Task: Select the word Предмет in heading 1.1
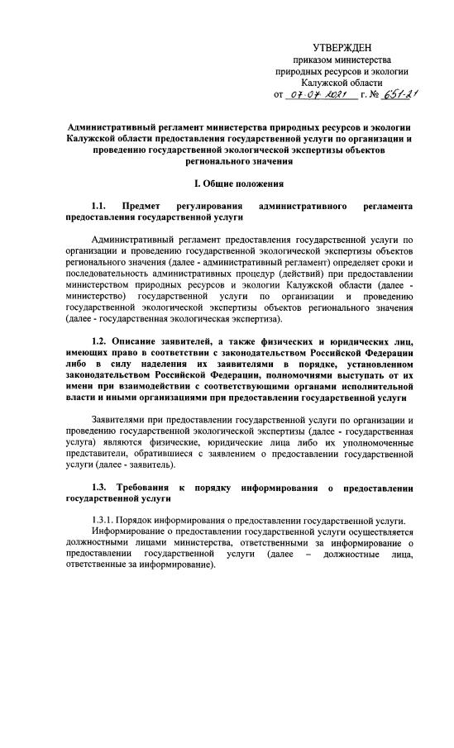(x=140, y=204)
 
